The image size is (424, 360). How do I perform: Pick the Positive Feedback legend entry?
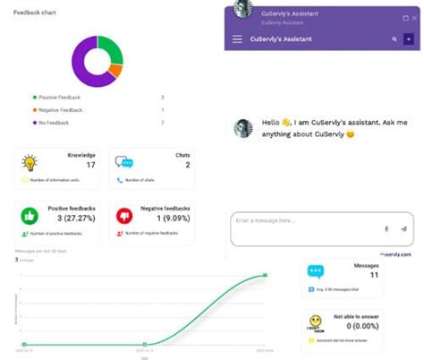[x=58, y=97]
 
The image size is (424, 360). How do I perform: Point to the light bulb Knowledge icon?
[x=30, y=163]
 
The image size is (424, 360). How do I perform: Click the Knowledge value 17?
[x=90, y=165]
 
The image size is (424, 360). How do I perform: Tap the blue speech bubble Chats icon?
[x=124, y=163]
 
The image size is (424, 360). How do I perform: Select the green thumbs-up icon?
[x=30, y=216]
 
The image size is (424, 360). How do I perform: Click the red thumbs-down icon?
[x=124, y=216]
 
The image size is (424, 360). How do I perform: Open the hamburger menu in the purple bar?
[x=237, y=39]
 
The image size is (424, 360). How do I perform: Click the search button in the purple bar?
[x=394, y=39]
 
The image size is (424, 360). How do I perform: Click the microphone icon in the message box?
[x=386, y=229]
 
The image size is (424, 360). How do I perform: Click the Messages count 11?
[x=374, y=275]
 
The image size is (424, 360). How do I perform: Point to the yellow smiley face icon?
[x=316, y=321]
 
